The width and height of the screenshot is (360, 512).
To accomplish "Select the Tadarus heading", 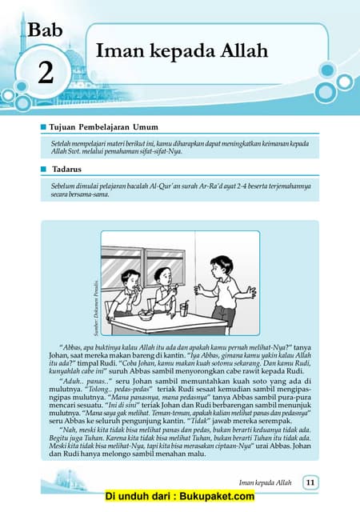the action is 68,170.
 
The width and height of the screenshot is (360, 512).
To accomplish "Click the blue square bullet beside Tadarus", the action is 43,170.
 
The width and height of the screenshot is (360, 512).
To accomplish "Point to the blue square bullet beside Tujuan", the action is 43,127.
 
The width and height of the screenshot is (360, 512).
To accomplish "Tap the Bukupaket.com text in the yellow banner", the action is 216,497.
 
